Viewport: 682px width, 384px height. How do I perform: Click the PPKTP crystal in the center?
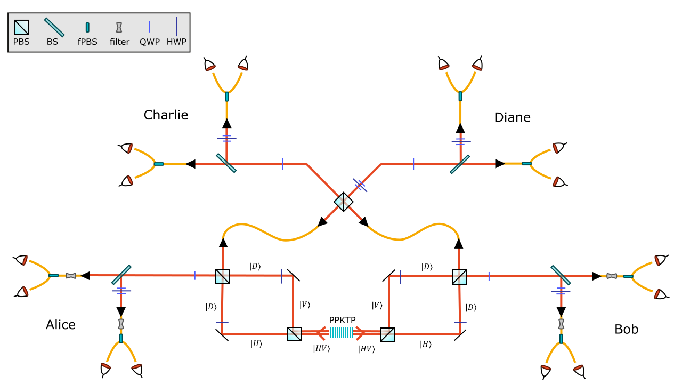click(341, 333)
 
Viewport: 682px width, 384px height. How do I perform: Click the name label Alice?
click(61, 325)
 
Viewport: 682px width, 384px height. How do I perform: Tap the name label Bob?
click(626, 329)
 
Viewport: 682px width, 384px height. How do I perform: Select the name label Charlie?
click(166, 115)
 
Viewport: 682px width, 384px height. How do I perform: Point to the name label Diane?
click(512, 117)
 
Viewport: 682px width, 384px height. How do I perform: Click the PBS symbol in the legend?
click(21, 27)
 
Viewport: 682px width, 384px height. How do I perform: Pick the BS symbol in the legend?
click(54, 27)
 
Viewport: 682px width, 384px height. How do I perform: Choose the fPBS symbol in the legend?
click(87, 27)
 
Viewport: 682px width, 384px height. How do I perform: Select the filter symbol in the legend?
click(119, 27)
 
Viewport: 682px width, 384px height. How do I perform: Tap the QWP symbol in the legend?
click(149, 27)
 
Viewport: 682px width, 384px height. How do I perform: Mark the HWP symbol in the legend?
click(177, 27)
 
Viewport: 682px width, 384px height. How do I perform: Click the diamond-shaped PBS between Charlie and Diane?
click(344, 202)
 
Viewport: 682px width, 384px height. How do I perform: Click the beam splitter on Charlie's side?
click(226, 163)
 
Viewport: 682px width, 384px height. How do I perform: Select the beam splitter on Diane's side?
click(460, 164)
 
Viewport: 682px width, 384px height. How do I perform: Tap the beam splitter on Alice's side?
click(121, 275)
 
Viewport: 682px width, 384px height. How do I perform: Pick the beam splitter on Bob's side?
click(561, 275)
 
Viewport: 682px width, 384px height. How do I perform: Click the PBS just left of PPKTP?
click(294, 334)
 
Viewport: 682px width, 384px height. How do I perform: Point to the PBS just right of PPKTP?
click(387, 334)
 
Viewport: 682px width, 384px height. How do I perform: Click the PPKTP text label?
click(342, 320)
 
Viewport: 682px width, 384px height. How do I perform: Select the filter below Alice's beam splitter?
click(121, 324)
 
